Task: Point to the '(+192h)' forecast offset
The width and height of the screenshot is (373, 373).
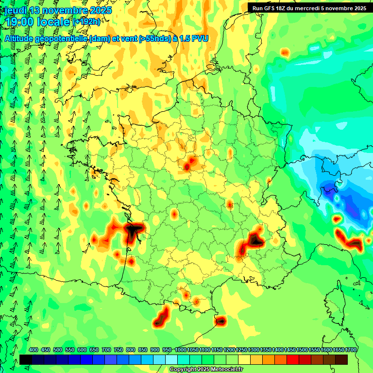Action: [x=86, y=21]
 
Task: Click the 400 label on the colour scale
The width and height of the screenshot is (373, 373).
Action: [x=34, y=350]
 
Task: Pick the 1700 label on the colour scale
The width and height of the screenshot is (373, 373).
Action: [x=351, y=350]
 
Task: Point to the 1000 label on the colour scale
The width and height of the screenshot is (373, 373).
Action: [x=180, y=350]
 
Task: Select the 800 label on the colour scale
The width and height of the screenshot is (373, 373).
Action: [x=131, y=350]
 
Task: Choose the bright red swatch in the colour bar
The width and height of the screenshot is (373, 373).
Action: [x=293, y=360]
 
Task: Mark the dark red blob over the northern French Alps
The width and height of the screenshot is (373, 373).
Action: [x=254, y=239]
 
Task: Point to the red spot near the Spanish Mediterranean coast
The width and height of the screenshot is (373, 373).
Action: [x=220, y=321]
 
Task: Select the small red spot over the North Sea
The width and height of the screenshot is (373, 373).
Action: [x=285, y=52]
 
